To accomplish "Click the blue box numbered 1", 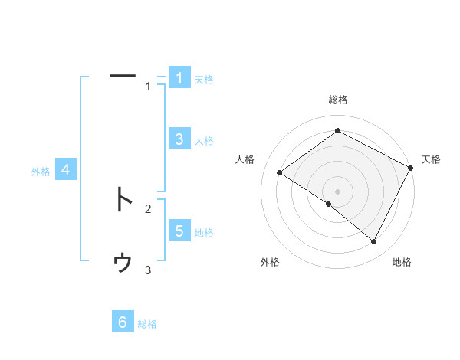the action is [179, 78].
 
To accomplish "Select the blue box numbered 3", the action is [179, 139].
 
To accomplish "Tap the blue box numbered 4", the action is [66, 170].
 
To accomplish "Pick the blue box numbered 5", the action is [179, 231].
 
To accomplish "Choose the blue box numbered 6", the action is [123, 322].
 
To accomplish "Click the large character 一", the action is [123, 76].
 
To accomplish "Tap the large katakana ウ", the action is [123, 263].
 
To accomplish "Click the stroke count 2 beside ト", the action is [148, 208].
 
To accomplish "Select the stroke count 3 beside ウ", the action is [148, 270].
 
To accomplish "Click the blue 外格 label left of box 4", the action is [41, 172].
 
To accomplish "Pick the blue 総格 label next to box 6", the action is [147, 324].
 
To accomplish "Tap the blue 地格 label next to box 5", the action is [204, 233].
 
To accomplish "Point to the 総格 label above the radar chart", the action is [338, 100].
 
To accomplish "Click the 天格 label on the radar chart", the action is [431, 159].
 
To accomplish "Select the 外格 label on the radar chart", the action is [270, 262].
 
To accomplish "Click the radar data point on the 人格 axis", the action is [280, 172].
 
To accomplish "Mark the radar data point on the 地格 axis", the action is [374, 242].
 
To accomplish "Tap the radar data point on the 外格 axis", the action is [329, 205].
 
